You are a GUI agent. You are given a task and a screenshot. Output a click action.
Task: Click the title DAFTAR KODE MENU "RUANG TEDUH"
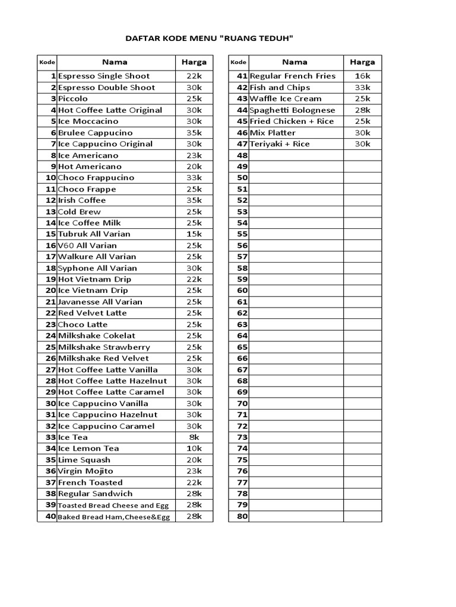pyautogui.click(x=210, y=39)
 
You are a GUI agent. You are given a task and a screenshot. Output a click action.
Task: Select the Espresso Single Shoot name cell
pyautogui.click(x=104, y=76)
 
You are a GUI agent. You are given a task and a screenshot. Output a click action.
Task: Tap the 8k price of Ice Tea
pyautogui.click(x=194, y=437)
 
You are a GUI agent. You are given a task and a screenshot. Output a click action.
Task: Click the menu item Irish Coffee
pyautogui.click(x=82, y=200)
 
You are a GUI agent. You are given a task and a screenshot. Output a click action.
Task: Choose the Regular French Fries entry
pyautogui.click(x=293, y=76)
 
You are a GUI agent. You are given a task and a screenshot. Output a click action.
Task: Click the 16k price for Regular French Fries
pyautogui.click(x=362, y=76)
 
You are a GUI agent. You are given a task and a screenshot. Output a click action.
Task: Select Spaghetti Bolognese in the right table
pyautogui.click(x=293, y=110)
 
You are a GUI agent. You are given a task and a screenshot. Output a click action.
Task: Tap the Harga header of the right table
pyautogui.click(x=362, y=62)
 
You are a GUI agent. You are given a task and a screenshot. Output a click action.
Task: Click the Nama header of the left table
pyautogui.click(x=115, y=62)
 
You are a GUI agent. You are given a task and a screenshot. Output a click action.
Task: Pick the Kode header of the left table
pyautogui.click(x=47, y=62)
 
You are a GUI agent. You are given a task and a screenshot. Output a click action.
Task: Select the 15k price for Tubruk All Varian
pyautogui.click(x=194, y=234)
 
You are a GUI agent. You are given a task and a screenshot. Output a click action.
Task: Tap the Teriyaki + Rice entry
pyautogui.click(x=280, y=144)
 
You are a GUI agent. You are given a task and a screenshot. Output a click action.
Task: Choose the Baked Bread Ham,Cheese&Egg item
pyautogui.click(x=113, y=517)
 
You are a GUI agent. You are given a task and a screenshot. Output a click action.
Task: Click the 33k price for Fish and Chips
pyautogui.click(x=362, y=87)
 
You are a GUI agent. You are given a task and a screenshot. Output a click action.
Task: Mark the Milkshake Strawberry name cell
pyautogui.click(x=104, y=347)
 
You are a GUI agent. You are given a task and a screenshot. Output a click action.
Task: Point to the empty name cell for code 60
pyautogui.click(x=296, y=290)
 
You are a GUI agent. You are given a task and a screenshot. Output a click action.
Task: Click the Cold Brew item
pyautogui.click(x=80, y=212)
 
